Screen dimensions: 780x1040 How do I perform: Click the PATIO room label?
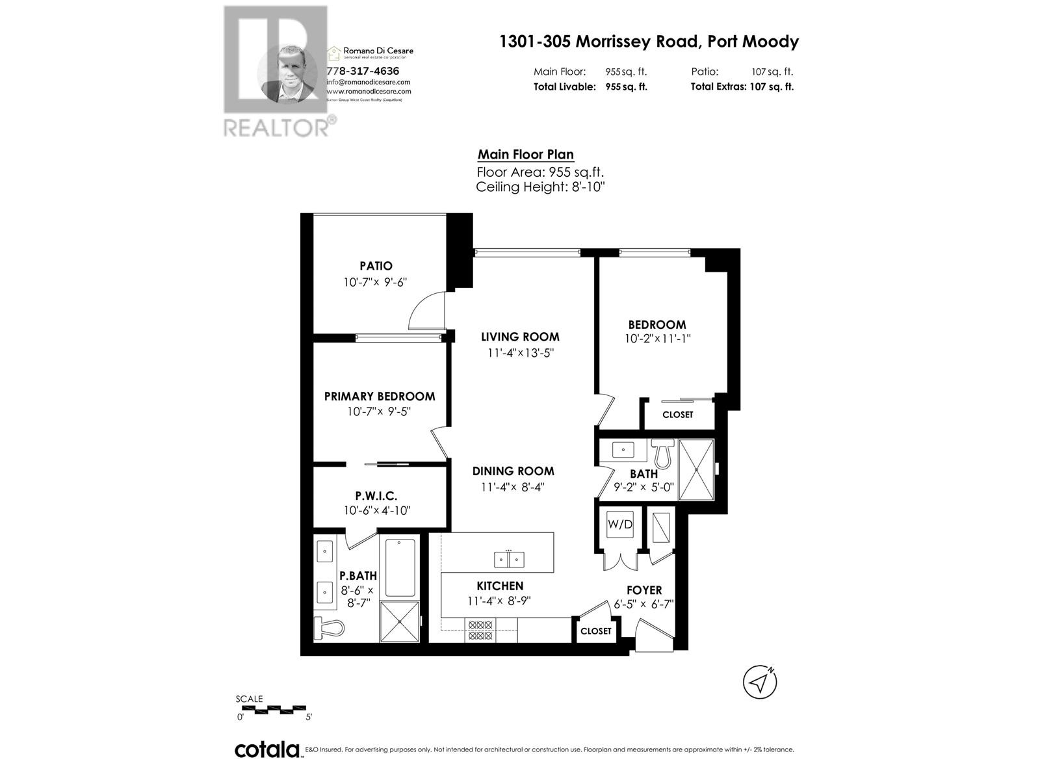coord(376,266)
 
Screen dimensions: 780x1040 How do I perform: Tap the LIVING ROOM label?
coord(520,337)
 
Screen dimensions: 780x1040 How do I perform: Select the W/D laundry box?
coord(619,525)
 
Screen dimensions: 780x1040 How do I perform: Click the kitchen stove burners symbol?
coord(480,631)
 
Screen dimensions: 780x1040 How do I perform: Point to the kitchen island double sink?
coord(509,558)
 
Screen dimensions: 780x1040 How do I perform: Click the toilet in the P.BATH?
coord(329,628)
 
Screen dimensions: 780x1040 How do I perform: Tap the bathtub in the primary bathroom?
coord(400,567)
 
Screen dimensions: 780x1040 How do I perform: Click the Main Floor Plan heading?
coord(525,155)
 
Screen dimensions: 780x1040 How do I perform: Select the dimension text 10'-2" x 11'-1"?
coord(657,339)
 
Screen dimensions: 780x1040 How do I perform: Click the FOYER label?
coord(644,590)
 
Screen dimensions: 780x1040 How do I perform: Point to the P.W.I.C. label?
coord(376,496)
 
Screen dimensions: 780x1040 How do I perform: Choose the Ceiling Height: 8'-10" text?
coord(541,187)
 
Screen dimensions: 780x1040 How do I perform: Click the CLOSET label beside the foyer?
coord(595,631)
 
